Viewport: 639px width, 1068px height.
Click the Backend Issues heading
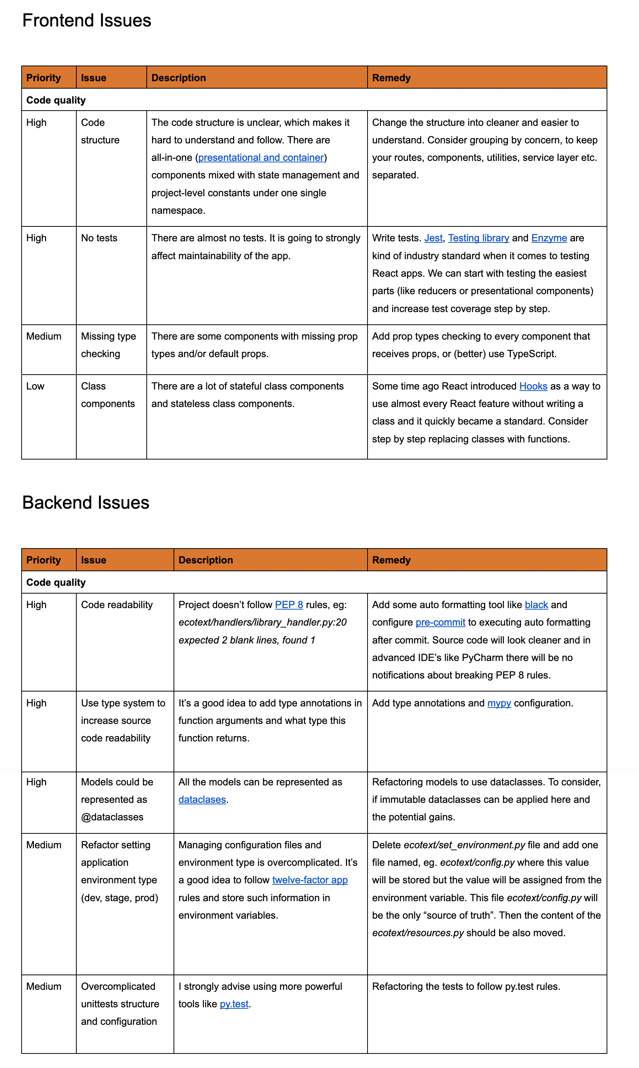coord(86,503)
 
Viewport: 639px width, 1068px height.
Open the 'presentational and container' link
coord(261,158)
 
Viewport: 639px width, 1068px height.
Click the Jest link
coord(433,238)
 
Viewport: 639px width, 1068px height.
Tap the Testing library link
coord(478,238)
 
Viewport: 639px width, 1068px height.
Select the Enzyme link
coord(549,238)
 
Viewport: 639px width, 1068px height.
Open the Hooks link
coord(533,386)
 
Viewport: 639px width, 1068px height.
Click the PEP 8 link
coord(289,605)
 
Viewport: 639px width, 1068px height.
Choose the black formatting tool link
coord(536,605)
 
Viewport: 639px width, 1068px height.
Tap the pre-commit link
coord(440,623)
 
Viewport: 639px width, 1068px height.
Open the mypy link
coord(499,703)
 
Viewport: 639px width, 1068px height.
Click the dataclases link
coord(202,800)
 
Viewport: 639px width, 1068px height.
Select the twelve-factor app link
coord(309,880)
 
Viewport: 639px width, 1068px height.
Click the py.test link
coord(234,1004)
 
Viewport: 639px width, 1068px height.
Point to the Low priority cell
coord(35,386)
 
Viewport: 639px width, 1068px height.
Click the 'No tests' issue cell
coord(99,238)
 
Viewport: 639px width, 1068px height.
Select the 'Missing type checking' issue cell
coord(108,345)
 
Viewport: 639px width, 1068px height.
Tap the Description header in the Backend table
coord(206,560)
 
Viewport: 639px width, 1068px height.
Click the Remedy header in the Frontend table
coord(391,78)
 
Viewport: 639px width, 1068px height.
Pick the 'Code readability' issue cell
coord(117,605)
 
